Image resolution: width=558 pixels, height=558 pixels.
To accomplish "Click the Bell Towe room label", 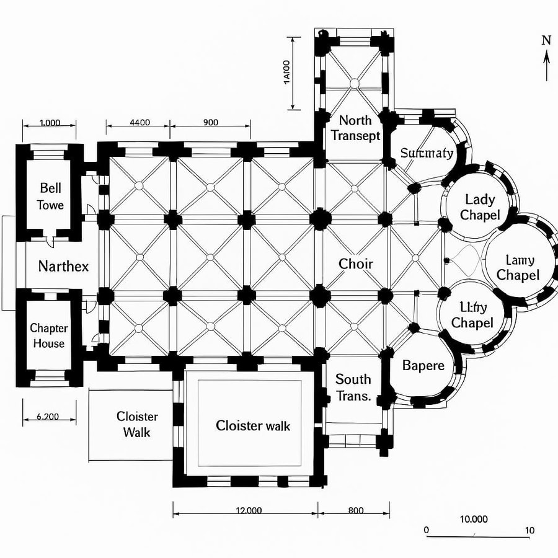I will [51, 196].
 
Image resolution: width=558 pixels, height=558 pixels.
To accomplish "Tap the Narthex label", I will [63, 267].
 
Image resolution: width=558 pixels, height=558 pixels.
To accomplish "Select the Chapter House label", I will [49, 335].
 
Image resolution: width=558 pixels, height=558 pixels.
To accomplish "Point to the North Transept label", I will [355, 128].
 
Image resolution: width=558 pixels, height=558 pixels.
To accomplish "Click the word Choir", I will [356, 264].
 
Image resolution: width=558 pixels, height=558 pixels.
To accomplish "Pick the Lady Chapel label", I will [480, 207].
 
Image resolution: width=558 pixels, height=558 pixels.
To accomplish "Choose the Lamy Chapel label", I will [518, 268].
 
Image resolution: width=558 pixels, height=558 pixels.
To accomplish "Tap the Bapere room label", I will [423, 365].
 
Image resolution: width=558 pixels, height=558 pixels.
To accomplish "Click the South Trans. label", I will [353, 387].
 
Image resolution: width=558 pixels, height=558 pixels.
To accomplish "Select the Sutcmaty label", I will [427, 153].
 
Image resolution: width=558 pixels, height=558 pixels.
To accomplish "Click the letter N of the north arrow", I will [546, 41].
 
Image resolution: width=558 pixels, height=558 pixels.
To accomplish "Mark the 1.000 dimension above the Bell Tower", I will [50, 122].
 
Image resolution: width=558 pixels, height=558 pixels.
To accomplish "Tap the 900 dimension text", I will [211, 122].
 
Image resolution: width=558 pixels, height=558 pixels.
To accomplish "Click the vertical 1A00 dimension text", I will [286, 73].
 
